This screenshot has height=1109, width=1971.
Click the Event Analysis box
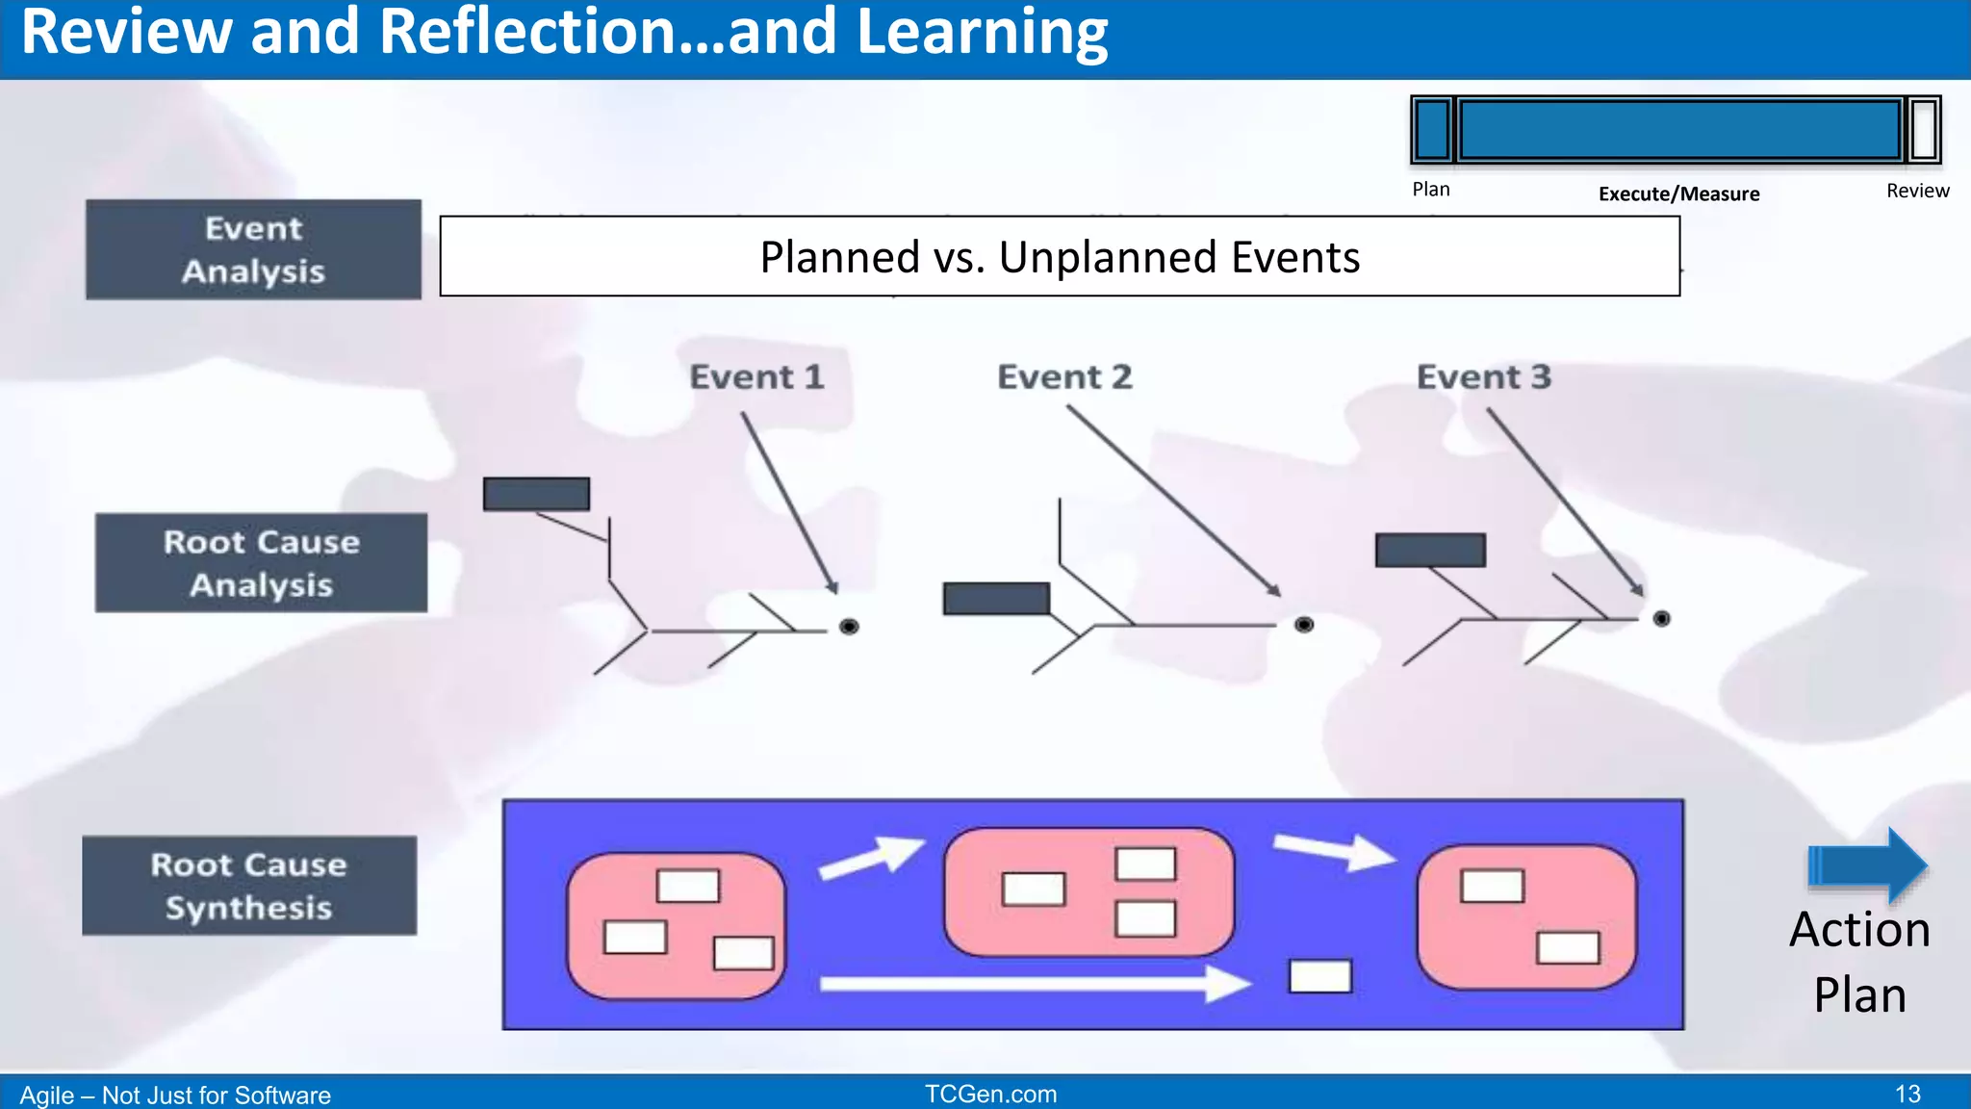click(x=253, y=249)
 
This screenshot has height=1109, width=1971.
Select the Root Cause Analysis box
click(x=261, y=563)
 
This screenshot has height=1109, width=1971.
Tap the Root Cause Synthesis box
click(x=249, y=886)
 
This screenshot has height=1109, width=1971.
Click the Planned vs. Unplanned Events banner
click(x=1060, y=256)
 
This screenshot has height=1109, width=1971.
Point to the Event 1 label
click(x=756, y=376)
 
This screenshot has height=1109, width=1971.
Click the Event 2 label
click(x=1064, y=376)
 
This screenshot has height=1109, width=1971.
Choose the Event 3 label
click(x=1483, y=376)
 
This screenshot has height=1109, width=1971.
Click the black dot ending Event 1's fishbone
click(x=849, y=627)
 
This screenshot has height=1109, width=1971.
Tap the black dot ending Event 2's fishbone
click(x=1304, y=625)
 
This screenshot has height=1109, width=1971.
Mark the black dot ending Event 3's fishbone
click(x=1661, y=619)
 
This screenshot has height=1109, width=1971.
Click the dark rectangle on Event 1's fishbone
click(x=536, y=494)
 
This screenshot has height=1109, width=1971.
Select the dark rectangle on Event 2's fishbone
click(x=996, y=598)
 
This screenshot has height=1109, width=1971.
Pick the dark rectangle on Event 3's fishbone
click(x=1430, y=550)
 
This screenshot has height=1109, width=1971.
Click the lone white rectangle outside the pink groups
click(x=1320, y=976)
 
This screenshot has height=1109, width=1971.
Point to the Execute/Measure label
click(x=1678, y=193)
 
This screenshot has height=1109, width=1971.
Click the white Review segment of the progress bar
click(x=1924, y=129)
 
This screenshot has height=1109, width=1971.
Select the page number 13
click(x=1907, y=1094)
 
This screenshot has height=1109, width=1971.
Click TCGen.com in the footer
click(x=990, y=1094)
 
